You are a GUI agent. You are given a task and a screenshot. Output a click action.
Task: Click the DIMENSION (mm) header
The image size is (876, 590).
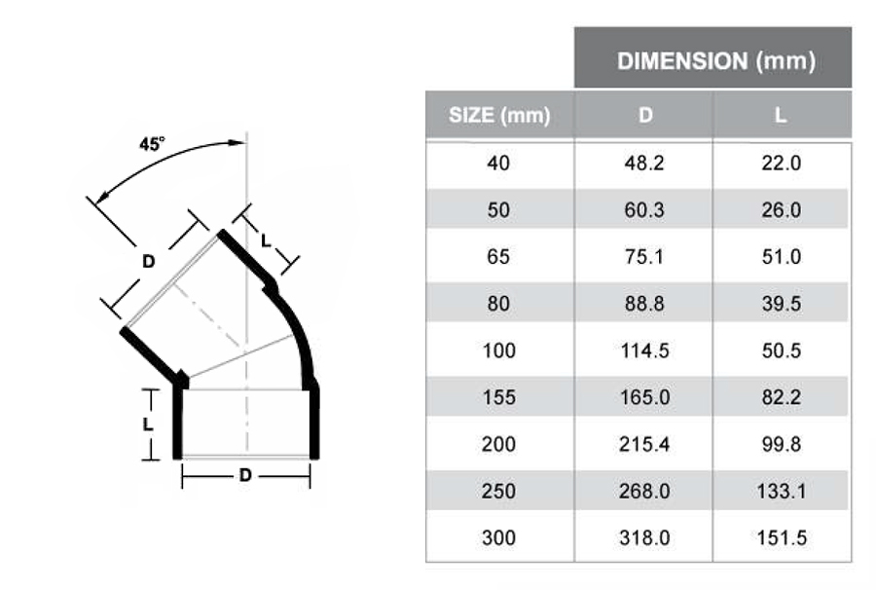714,61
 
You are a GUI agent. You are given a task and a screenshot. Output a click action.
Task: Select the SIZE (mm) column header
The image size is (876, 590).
498,116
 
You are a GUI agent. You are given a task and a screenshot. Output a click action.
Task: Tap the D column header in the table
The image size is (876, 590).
644,116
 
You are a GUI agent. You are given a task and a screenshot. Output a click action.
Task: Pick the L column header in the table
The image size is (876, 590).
781,116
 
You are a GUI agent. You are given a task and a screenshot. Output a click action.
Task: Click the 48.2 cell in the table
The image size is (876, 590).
644,164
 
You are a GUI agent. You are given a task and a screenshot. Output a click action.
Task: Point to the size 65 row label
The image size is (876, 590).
498,257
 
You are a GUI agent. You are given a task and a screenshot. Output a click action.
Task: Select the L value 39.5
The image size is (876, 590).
781,305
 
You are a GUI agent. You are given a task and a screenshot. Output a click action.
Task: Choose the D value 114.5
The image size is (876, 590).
644,351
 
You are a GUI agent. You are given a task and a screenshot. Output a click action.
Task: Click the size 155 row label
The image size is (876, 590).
498,398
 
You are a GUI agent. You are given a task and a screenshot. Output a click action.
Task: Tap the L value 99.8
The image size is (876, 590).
781,445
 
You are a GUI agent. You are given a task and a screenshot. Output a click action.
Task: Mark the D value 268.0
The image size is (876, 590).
644,492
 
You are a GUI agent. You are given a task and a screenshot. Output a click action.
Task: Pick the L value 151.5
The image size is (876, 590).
781,538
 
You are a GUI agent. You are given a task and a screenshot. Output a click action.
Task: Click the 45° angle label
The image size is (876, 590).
153,144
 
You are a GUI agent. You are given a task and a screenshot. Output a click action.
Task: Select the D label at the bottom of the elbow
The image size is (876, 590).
245,476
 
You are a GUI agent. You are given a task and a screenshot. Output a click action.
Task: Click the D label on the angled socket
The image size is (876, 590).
148,261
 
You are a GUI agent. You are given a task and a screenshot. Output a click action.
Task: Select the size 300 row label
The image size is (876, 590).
498,538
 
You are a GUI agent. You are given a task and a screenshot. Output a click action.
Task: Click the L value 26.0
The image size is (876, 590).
781,210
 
